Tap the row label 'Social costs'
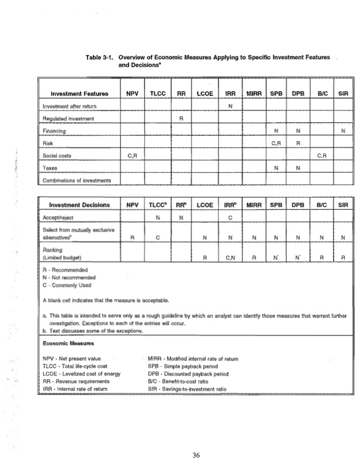coord(57,155)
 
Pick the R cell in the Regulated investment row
coord(181,118)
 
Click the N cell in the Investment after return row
coord(231,106)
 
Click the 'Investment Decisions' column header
coord(79,206)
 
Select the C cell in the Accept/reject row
coord(231,218)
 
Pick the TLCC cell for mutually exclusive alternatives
coord(158,238)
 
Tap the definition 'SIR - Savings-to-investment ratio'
coord(191,388)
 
